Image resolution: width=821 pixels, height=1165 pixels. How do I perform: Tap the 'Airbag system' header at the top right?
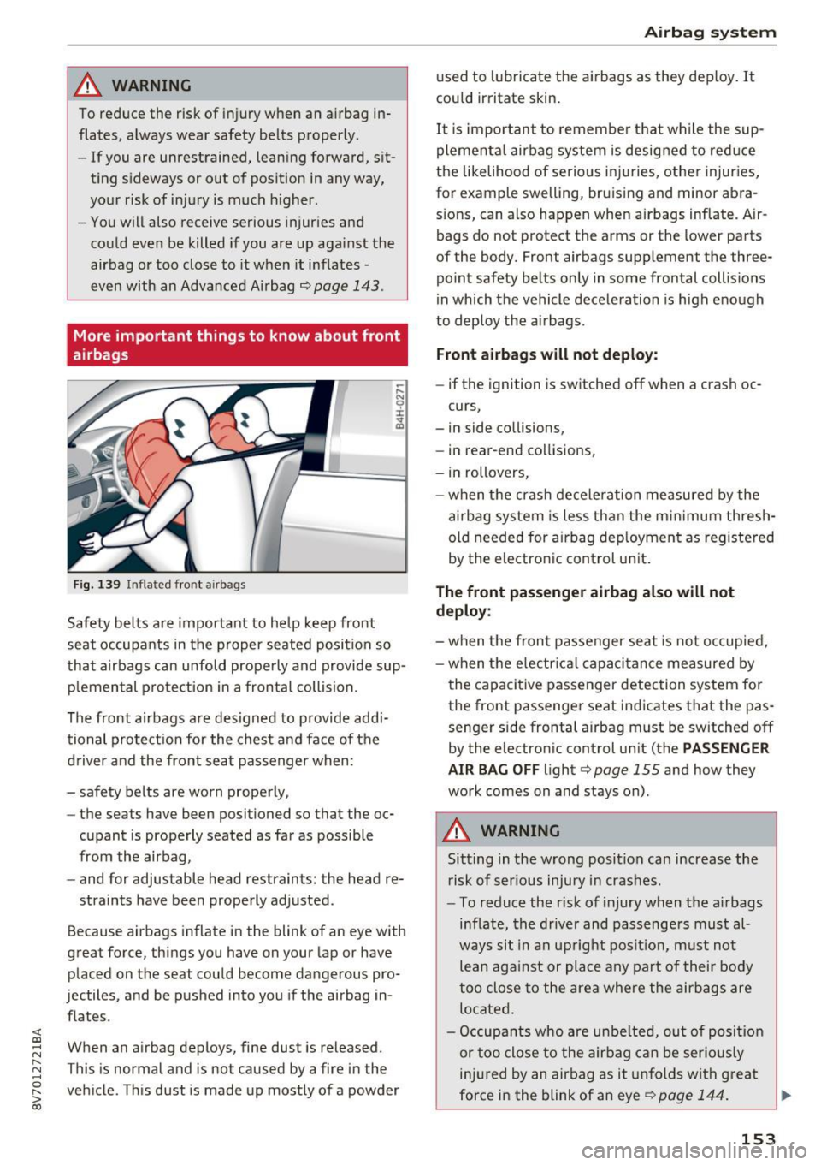(x=710, y=32)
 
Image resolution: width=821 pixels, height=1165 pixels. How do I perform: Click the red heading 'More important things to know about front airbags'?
(x=237, y=345)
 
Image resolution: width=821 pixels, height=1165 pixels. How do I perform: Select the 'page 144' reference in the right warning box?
(x=690, y=1095)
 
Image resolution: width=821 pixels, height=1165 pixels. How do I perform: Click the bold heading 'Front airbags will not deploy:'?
(x=546, y=354)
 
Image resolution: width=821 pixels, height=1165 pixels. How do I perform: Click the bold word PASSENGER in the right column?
(x=725, y=748)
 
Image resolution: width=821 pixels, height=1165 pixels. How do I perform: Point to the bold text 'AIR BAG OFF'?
(x=493, y=770)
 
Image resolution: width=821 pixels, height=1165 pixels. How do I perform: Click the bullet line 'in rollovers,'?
(x=488, y=473)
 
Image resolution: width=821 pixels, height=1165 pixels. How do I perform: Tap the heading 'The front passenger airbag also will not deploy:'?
(x=585, y=601)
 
